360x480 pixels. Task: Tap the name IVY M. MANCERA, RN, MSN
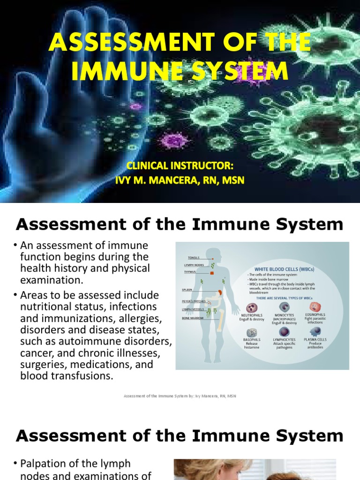pos(180,180)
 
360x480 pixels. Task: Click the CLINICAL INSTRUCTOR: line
pos(180,166)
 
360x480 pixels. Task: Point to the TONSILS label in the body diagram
pos(193,257)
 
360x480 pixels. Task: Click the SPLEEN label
pos(187,290)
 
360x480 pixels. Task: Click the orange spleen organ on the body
pos(220,292)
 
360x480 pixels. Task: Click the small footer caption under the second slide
pos(180,396)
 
